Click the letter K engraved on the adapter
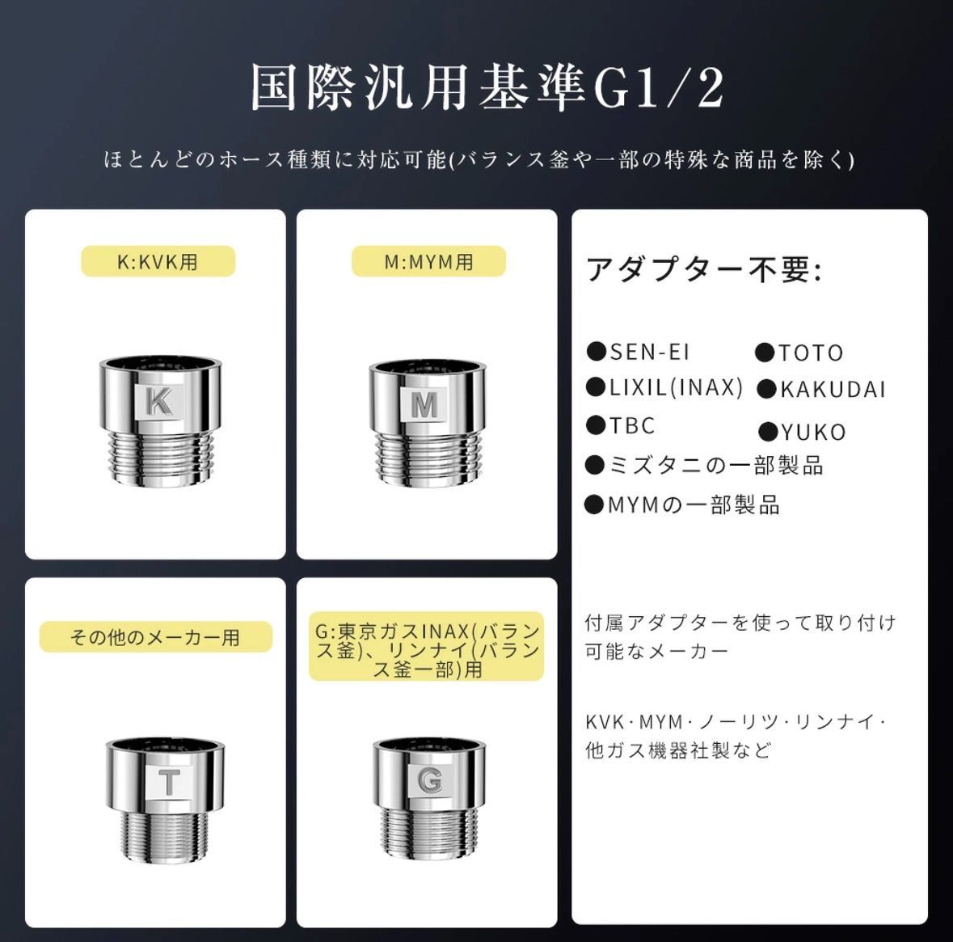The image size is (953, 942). (x=160, y=401)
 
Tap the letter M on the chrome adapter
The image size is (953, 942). (x=424, y=404)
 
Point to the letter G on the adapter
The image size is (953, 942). (x=430, y=781)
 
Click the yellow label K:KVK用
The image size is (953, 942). (x=158, y=261)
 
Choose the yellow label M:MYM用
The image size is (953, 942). (x=428, y=261)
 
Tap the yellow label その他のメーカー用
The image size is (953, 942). (x=155, y=636)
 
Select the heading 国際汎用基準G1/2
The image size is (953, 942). (x=487, y=88)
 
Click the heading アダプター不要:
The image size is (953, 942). (x=704, y=268)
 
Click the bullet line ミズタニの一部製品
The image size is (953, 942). (x=704, y=466)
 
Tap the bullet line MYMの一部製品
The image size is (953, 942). (x=682, y=505)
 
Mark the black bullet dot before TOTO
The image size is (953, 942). (x=765, y=353)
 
